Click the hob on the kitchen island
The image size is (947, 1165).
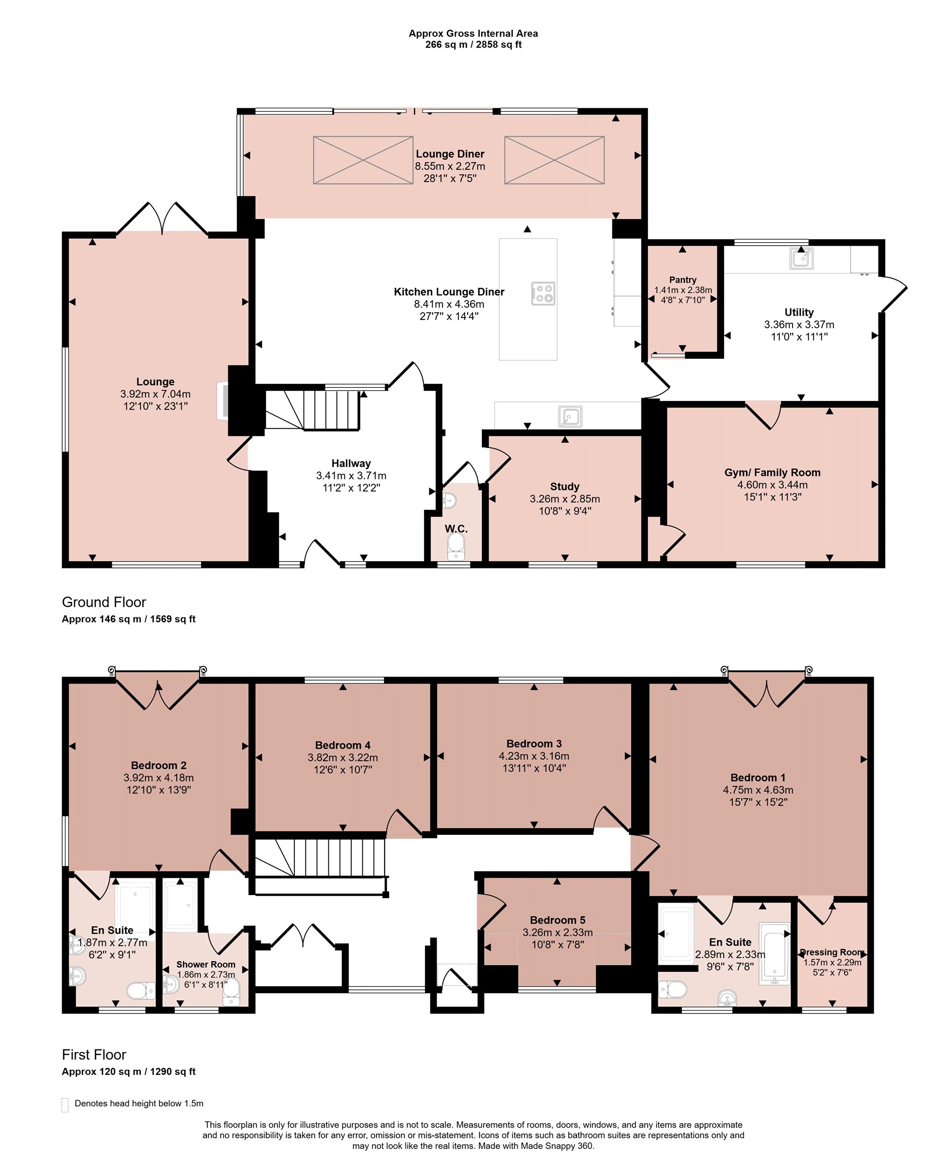pos(543,293)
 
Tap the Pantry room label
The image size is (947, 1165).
pos(682,280)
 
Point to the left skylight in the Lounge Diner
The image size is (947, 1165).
pos(363,160)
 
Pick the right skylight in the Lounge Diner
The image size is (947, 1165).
pos(554,160)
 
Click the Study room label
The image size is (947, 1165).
pos(565,486)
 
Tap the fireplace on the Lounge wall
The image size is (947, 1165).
pos(222,400)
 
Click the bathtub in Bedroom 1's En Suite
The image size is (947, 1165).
pos(774,953)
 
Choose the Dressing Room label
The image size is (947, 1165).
pos(832,952)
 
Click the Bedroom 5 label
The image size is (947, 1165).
pos(558,920)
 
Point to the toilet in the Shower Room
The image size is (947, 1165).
pos(231,992)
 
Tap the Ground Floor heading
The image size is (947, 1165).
pos(103,602)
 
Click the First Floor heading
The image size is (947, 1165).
pos(94,1054)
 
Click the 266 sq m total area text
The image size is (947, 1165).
pos(446,45)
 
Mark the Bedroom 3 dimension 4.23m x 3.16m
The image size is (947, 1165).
pos(534,756)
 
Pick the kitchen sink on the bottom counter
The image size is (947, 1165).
pos(570,416)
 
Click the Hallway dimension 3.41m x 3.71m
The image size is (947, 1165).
pos(351,475)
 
